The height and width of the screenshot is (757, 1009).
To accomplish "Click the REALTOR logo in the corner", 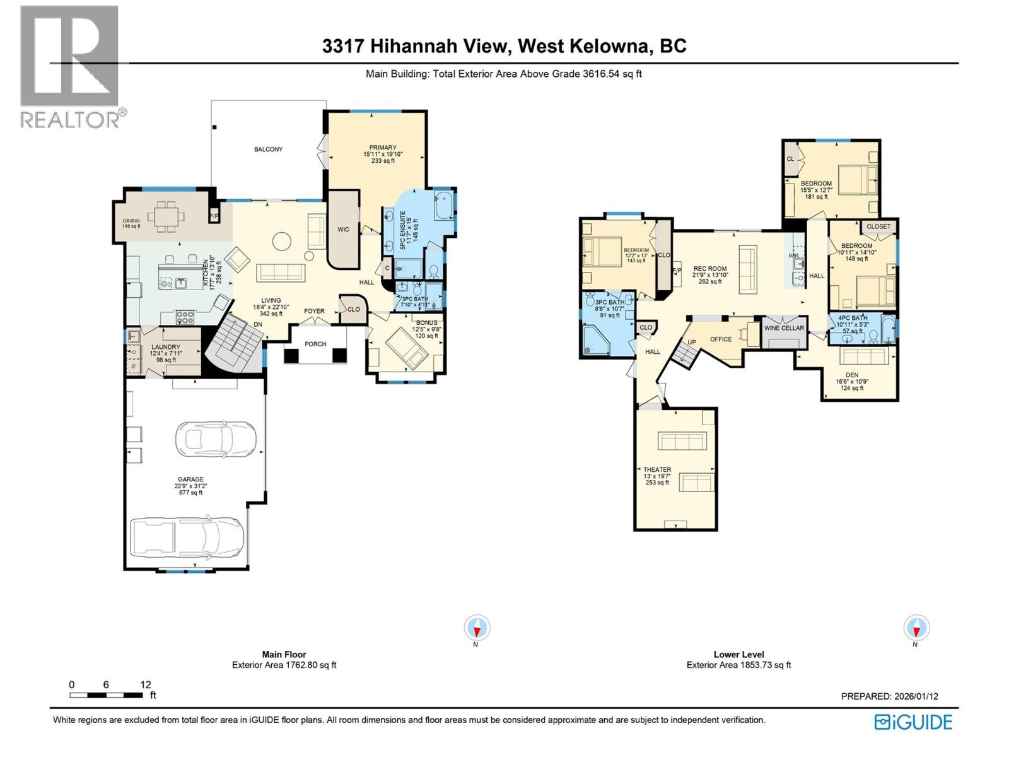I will point(69,66).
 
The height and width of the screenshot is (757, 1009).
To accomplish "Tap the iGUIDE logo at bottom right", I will point(913,722).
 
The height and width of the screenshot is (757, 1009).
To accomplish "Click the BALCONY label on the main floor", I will point(268,150).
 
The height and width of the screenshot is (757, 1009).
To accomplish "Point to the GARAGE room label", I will point(189,479).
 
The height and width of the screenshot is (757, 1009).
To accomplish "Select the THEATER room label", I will point(657,470).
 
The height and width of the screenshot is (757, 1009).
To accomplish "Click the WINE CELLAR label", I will point(784,328).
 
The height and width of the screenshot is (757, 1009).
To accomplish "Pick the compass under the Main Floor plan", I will point(477,628).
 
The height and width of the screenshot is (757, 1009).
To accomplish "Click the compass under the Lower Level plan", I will point(916,628).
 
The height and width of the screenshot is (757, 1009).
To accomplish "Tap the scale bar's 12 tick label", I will point(146,684).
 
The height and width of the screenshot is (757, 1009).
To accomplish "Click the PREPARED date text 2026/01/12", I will point(916,696).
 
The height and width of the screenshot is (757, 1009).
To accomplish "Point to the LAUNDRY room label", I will point(166,347).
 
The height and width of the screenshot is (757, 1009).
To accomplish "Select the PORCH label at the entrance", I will point(315,344).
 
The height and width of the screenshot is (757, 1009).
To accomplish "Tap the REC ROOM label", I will point(710,269).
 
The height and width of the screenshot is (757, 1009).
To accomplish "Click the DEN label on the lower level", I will point(852,375).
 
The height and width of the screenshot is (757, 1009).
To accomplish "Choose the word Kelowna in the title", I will point(609,46).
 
